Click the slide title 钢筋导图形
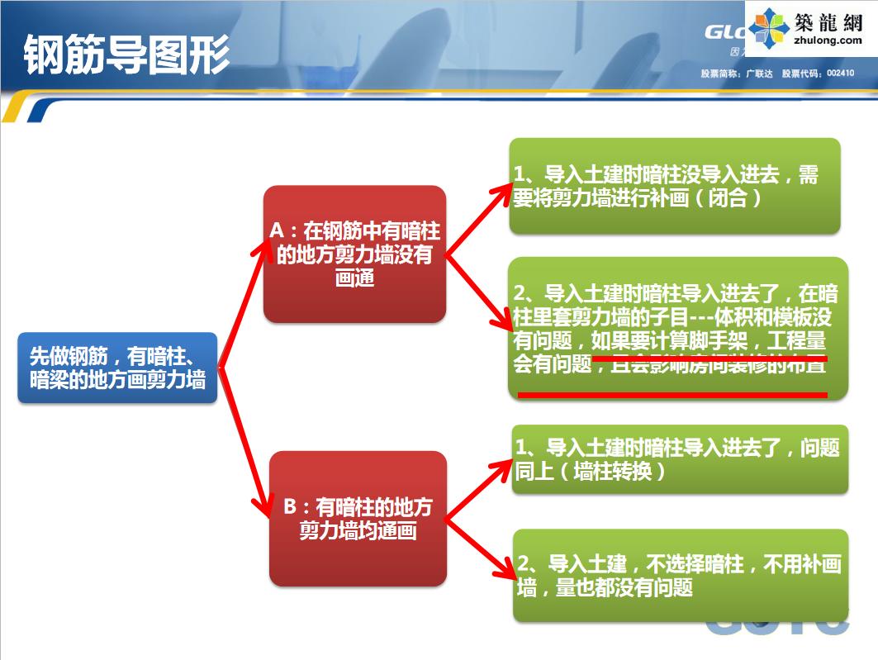[x=126, y=54]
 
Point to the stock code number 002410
[x=840, y=74]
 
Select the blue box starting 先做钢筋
[x=116, y=368]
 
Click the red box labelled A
[x=354, y=254]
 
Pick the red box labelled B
[x=358, y=518]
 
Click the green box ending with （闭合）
[x=675, y=187]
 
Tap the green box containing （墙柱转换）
[x=680, y=459]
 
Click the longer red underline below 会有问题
[x=672, y=396]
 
